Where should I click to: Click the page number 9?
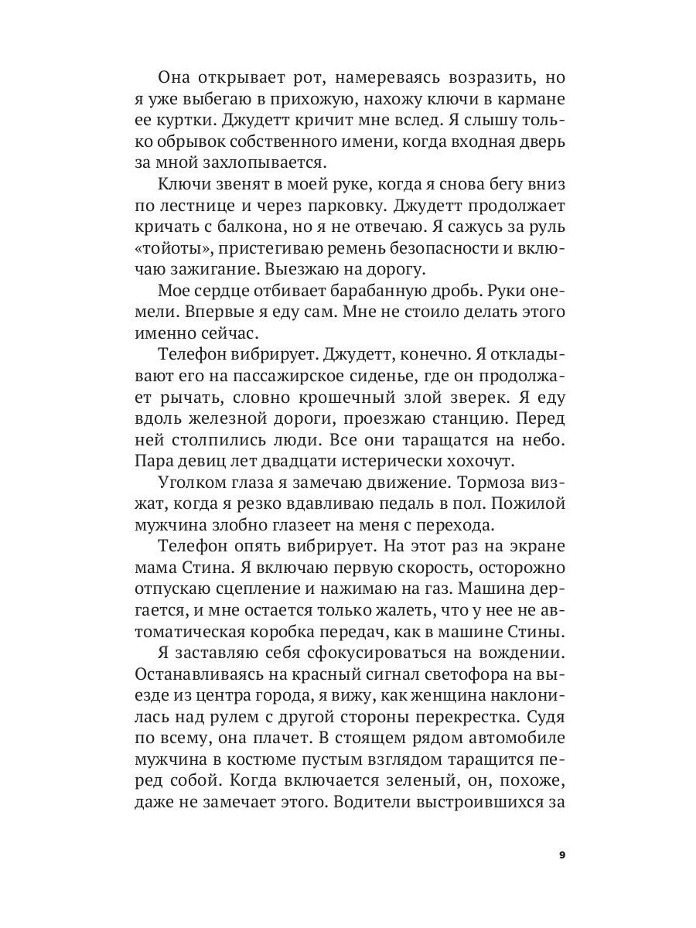pyautogui.click(x=561, y=855)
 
